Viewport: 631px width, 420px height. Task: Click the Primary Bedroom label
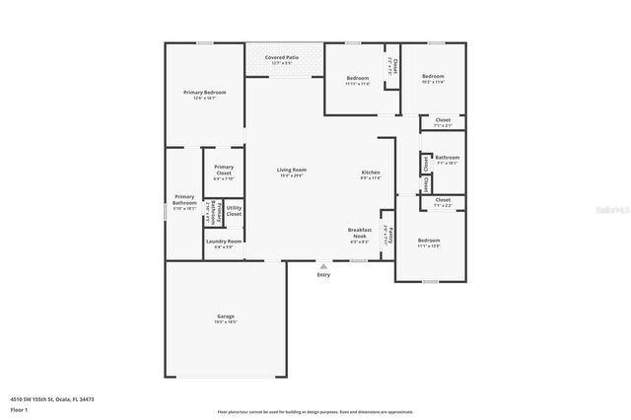tap(204, 93)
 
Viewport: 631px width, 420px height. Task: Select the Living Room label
tap(291, 170)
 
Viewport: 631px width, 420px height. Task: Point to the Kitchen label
tap(370, 173)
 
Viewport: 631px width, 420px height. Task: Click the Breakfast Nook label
tap(360, 234)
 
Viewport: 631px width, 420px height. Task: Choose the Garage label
tap(227, 317)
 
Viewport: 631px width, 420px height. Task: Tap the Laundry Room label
tap(223, 242)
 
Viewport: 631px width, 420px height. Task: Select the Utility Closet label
tap(234, 210)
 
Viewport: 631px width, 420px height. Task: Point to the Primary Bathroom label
tap(185, 200)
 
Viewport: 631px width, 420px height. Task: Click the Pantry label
tap(391, 236)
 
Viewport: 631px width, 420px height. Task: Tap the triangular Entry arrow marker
tap(323, 264)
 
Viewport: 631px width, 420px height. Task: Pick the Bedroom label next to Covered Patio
tap(357, 78)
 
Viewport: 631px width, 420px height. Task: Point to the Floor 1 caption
tap(19, 408)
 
